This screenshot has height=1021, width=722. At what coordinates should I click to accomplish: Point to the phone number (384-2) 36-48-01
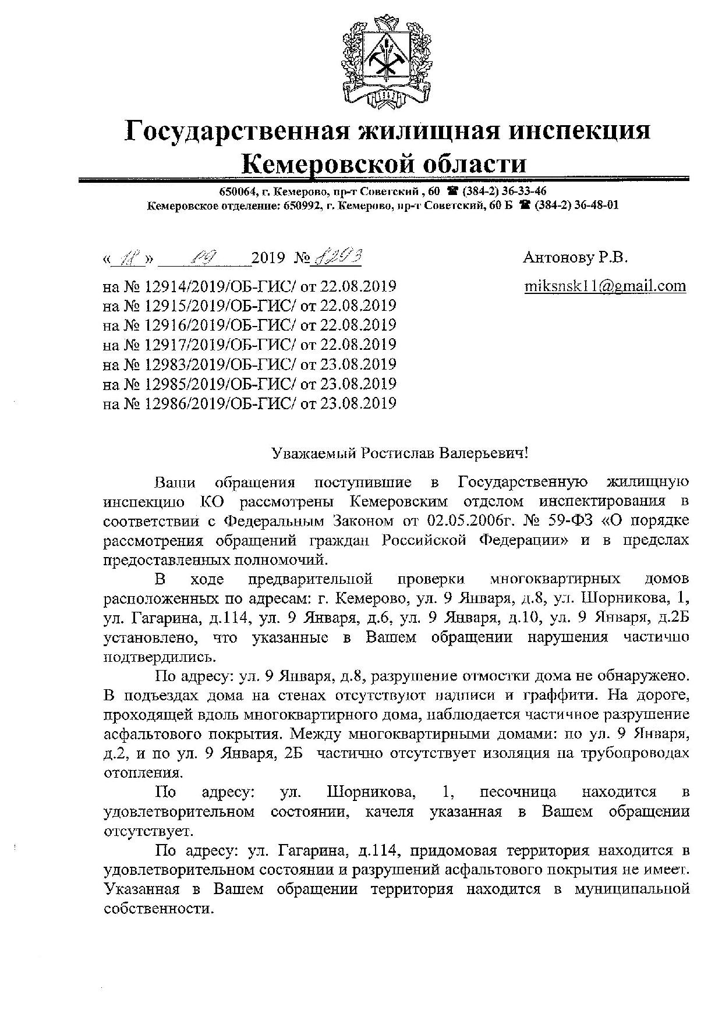click(576, 205)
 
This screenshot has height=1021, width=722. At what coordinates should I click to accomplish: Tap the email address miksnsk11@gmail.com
click(605, 286)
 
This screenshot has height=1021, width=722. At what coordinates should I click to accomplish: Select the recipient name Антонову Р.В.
click(575, 257)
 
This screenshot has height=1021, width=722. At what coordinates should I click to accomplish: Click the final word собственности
click(156, 909)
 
